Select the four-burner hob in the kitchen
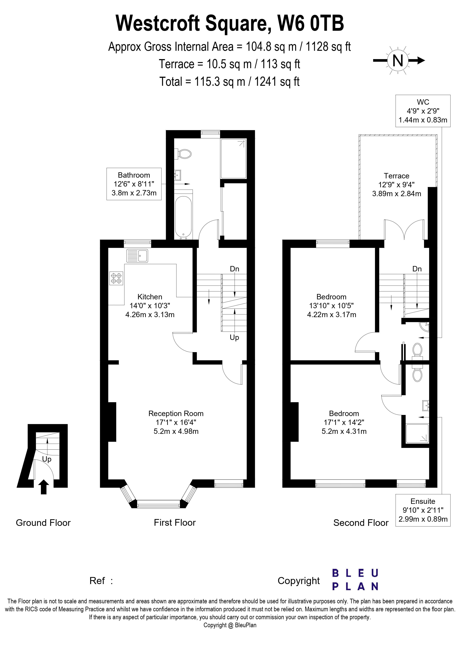[116, 278]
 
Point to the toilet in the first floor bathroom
[184, 154]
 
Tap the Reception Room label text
[176, 414]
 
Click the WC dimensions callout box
[423, 111]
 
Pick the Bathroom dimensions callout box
[134, 184]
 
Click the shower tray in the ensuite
[417, 433]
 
